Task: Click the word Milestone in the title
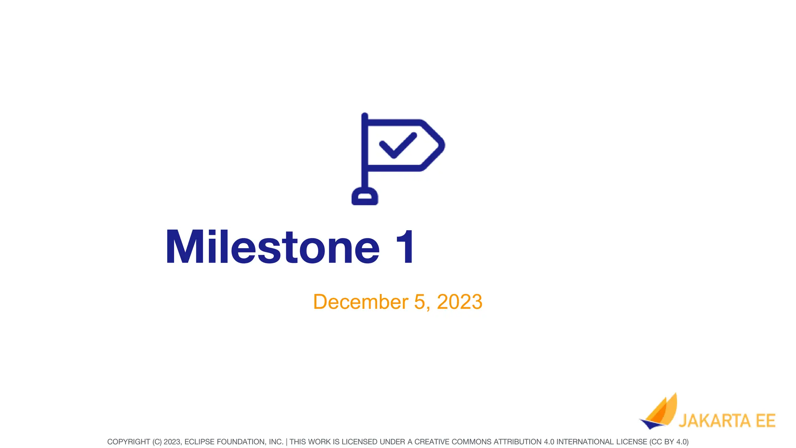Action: tap(272, 247)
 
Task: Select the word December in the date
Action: tap(361, 302)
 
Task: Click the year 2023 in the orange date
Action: tap(459, 302)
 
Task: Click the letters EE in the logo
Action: tap(766, 421)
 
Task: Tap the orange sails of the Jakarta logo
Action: tap(663, 412)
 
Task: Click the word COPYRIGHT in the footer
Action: tap(128, 442)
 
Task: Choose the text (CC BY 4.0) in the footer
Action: tap(669, 442)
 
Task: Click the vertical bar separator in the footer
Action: tap(286, 442)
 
